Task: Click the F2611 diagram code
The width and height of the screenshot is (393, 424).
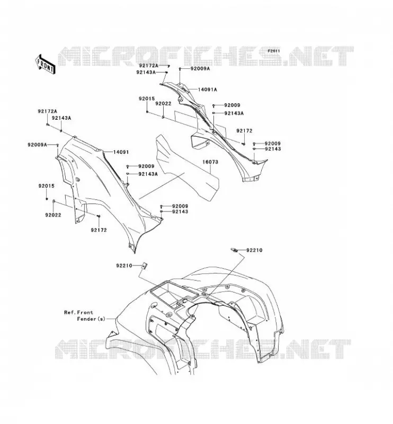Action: click(274, 51)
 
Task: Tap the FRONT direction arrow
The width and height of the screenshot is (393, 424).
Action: click(46, 64)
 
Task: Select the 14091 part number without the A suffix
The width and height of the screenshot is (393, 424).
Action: click(121, 152)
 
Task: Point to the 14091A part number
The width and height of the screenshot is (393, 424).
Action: click(207, 90)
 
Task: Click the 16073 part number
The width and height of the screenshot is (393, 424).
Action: click(210, 162)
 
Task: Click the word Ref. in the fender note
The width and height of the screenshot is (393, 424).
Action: click(70, 312)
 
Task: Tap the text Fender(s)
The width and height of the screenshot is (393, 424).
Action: click(91, 319)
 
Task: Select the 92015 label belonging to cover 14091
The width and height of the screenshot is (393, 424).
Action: click(46, 186)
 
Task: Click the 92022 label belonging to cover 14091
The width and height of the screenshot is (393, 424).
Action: click(53, 215)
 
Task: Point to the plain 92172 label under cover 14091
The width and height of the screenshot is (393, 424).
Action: click(99, 230)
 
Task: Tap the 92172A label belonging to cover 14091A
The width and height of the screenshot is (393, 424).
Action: click(149, 66)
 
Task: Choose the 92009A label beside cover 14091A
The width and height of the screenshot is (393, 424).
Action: click(200, 69)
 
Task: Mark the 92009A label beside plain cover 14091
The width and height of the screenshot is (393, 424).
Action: click(37, 145)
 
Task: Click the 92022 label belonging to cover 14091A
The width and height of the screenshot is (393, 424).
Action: click(163, 103)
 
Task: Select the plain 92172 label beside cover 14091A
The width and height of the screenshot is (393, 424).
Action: click(244, 131)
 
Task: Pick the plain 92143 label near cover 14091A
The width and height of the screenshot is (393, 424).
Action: click(273, 149)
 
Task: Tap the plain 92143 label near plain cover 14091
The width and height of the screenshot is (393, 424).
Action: click(180, 211)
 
